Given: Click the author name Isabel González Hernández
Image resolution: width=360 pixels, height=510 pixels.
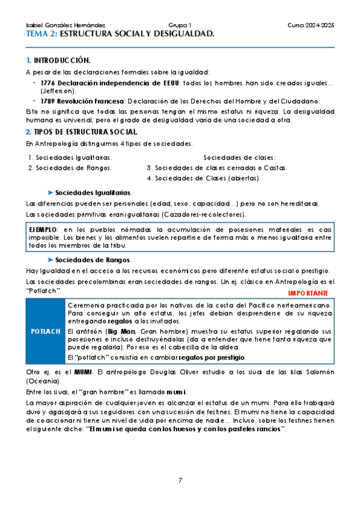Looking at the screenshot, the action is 66,26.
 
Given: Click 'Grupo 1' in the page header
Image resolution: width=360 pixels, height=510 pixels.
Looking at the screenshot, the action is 180,26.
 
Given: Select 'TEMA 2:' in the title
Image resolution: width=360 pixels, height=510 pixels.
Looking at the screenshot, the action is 41,34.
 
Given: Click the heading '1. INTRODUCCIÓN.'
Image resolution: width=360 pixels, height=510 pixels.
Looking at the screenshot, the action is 58,61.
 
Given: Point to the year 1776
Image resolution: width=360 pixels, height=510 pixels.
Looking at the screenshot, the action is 47,82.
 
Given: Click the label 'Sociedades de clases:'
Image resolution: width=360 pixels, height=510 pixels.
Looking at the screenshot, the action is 239,157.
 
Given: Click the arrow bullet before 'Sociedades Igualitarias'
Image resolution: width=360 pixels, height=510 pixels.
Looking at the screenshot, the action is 50,192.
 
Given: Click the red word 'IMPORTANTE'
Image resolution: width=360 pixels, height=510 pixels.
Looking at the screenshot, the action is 308,293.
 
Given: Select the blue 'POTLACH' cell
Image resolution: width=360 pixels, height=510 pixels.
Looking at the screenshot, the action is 45,331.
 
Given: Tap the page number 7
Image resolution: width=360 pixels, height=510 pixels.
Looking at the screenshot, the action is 180,480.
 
